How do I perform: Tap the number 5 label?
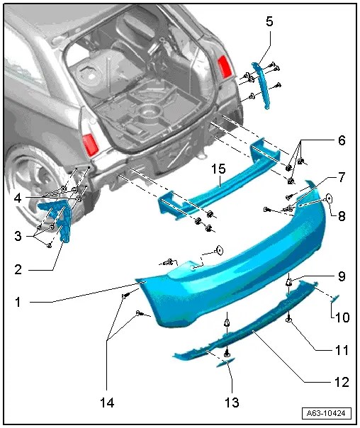pyautogui.click(x=269, y=21)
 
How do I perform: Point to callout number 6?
pyautogui.click(x=341, y=140)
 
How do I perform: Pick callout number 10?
pyautogui.click(x=341, y=318)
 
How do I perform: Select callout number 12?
pyautogui.click(x=341, y=382)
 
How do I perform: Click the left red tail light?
pyautogui.click(x=90, y=144)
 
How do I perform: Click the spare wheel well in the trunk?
pyautogui.click(x=150, y=111)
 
